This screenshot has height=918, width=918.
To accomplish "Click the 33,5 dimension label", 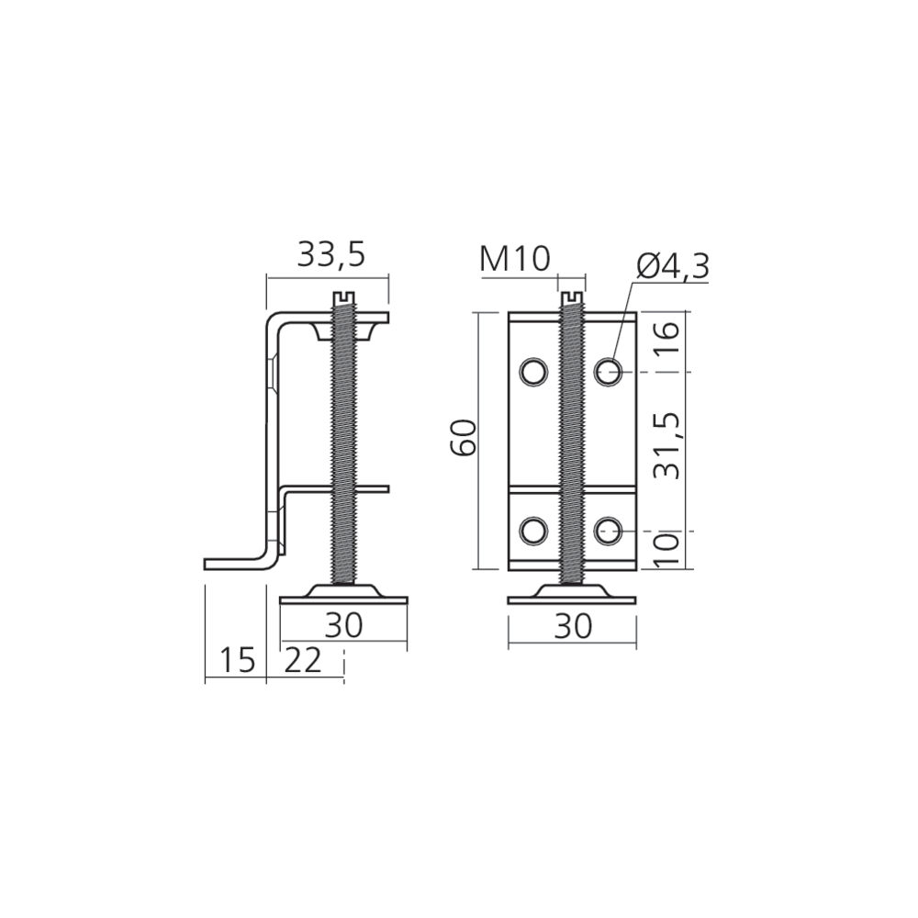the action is click(331, 254).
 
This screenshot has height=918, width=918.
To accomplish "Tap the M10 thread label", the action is click(515, 259).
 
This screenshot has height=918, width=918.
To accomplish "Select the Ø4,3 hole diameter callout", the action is click(673, 267).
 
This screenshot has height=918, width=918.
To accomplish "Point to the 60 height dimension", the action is click(464, 437).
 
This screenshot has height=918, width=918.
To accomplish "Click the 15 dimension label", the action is click(238, 660).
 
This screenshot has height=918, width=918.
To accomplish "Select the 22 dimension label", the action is click(303, 660).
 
